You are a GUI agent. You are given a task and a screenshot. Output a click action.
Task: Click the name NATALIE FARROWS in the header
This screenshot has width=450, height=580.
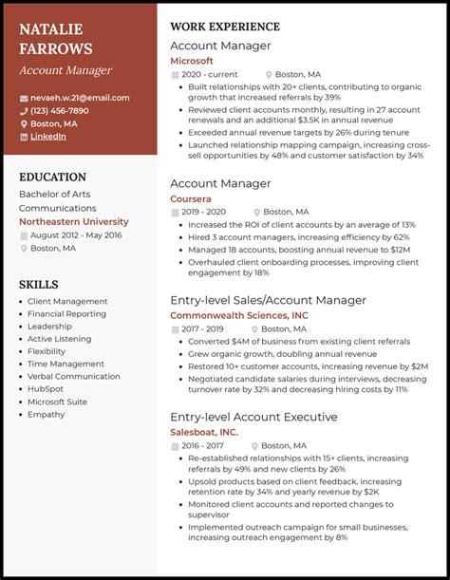click(x=56, y=39)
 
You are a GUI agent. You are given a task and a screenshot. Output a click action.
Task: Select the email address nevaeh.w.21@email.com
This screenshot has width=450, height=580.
click(x=80, y=98)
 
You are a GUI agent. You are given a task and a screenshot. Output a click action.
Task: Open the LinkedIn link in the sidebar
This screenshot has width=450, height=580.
click(x=48, y=137)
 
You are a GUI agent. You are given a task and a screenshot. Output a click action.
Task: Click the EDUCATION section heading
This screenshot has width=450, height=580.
click(x=52, y=177)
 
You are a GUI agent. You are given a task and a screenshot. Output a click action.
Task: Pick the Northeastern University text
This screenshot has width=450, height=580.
click(x=73, y=221)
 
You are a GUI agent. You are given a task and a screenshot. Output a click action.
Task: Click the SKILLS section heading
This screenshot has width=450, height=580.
click(x=38, y=284)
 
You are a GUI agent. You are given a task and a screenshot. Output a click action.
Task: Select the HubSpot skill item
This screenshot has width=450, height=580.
click(x=46, y=388)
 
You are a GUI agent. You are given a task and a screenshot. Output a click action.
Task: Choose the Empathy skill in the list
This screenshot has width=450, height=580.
click(x=45, y=414)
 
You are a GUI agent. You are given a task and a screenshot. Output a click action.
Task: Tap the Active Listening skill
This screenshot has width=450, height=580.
click(x=60, y=339)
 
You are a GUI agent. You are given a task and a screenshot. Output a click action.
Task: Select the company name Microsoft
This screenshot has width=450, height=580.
click(x=192, y=61)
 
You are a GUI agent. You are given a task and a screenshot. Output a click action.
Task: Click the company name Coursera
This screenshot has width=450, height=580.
click(x=191, y=199)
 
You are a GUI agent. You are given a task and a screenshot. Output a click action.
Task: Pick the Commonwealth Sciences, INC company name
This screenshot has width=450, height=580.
click(x=238, y=315)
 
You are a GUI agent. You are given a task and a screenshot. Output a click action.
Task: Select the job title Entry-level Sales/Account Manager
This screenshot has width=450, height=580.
click(x=268, y=300)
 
